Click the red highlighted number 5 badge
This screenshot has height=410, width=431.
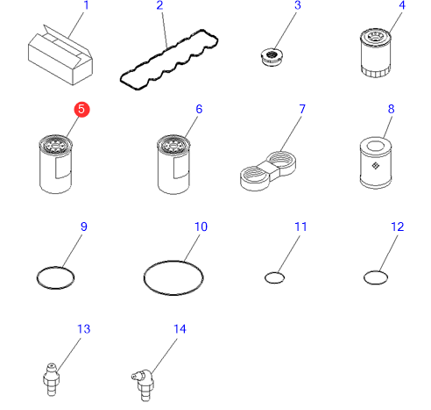click(x=81, y=110)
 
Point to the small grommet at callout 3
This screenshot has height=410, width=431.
click(x=272, y=57)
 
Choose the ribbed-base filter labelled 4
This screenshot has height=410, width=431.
click(x=376, y=53)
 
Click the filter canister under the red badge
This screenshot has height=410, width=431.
click(x=55, y=164)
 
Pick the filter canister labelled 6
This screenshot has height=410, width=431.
click(x=173, y=164)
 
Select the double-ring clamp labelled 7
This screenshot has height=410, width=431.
click(x=268, y=171)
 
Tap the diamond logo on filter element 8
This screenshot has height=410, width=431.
click(x=376, y=166)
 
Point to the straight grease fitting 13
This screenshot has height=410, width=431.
click(x=52, y=379)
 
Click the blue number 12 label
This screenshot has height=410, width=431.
click(x=398, y=227)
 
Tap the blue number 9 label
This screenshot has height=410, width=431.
click(x=84, y=227)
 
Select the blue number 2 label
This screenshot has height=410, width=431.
click(x=159, y=5)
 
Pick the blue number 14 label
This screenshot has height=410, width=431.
click(x=180, y=329)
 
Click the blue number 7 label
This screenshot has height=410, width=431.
click(x=302, y=109)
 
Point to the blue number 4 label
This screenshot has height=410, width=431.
click(x=402, y=5)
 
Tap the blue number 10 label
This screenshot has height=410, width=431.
click(x=201, y=227)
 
